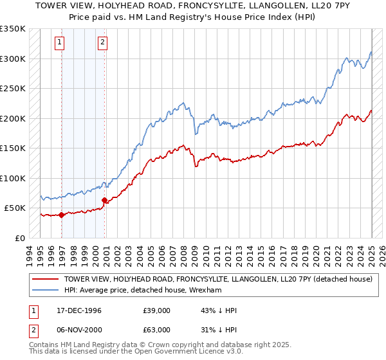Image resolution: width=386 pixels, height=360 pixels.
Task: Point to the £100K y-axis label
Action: click(x=13, y=178)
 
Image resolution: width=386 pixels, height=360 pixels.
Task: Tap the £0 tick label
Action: click(x=20, y=238)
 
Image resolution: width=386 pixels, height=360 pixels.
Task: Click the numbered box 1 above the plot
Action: click(x=59, y=43)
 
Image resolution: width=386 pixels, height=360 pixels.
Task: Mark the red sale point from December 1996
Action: click(x=62, y=215)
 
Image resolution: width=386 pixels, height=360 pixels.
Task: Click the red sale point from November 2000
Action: click(x=104, y=201)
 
